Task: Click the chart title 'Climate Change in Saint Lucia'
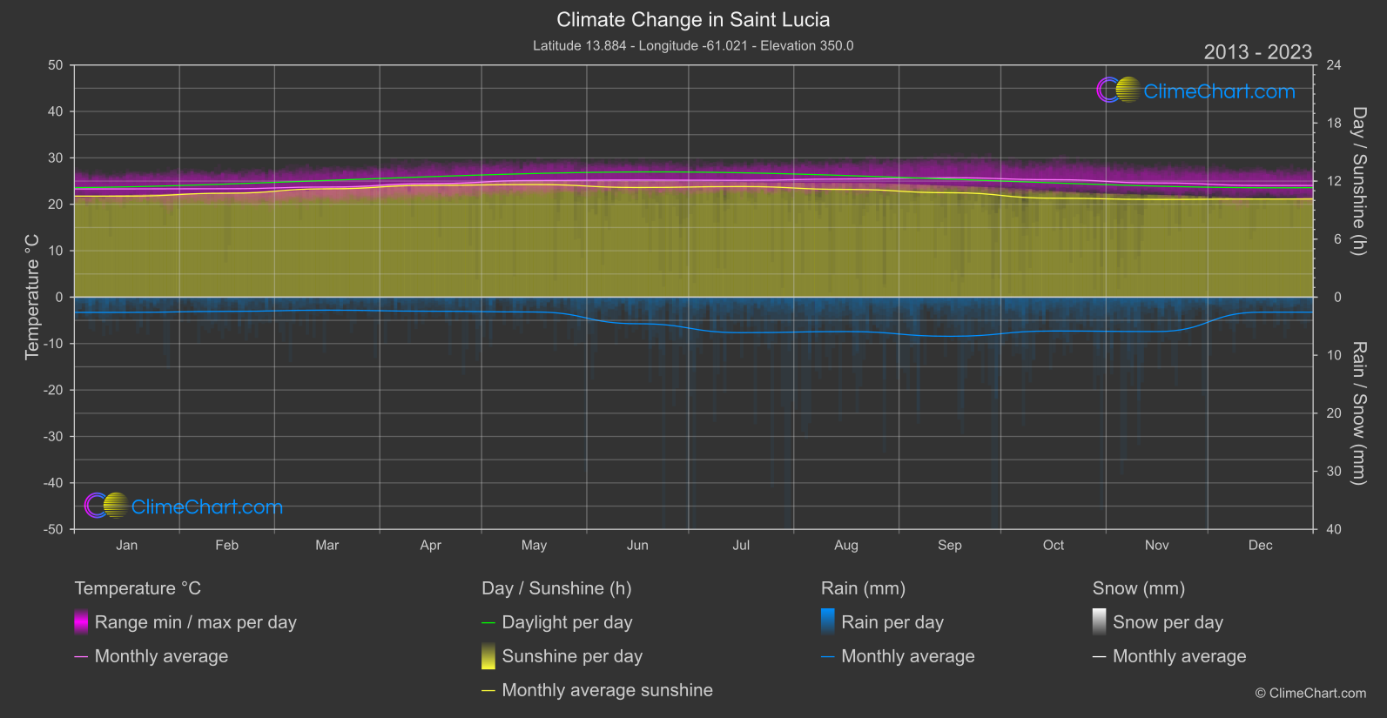[693, 20]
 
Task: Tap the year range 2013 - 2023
[1257, 52]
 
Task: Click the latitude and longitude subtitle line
[693, 45]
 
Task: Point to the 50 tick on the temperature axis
[56, 65]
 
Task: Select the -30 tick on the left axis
[53, 437]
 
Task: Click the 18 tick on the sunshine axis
[1334, 124]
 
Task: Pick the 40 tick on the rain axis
[1334, 529]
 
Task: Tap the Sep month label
[949, 546]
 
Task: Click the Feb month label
[226, 546]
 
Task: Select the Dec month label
[1260, 546]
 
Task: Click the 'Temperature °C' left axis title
[32, 297]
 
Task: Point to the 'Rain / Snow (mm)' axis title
[1358, 413]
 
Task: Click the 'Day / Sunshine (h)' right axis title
[1358, 181]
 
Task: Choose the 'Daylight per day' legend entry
[567, 622]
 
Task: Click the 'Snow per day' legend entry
[1168, 622]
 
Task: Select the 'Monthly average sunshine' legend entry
[607, 690]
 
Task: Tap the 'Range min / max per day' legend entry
[195, 622]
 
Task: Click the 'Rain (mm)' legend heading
[863, 588]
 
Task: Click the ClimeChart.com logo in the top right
[1196, 91]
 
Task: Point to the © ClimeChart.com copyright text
[1310, 694]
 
